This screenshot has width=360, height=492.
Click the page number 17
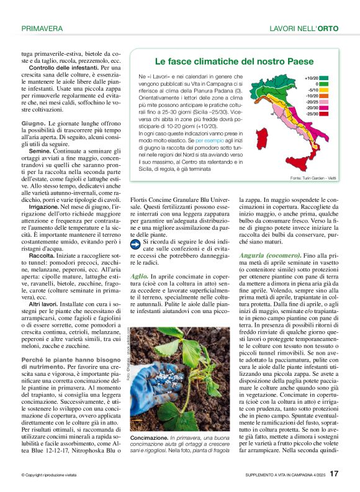(x=334, y=474)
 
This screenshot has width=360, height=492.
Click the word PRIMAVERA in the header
(x=42, y=28)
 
